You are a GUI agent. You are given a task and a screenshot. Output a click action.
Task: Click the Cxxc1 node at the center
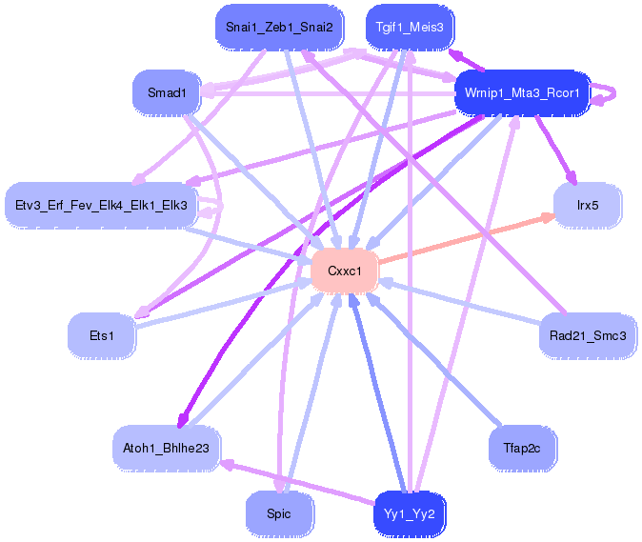point(345,271)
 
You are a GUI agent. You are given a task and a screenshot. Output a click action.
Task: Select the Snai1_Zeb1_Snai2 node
point(279,28)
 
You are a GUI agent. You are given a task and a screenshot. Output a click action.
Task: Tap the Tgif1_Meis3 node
point(410,28)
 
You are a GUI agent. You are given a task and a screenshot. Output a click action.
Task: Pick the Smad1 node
point(167,93)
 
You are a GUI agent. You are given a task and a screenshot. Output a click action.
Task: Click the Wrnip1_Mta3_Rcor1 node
point(522,93)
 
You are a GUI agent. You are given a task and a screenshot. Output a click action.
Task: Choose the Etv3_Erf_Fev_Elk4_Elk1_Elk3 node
point(101,205)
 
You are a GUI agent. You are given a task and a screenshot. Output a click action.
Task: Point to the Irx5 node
point(588,205)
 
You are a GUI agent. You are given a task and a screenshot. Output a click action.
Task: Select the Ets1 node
point(102,336)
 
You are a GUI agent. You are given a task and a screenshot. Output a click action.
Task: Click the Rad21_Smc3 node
point(588,336)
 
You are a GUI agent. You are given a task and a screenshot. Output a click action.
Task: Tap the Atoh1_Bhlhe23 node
point(167,449)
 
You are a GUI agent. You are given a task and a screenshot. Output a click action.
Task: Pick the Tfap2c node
point(522,449)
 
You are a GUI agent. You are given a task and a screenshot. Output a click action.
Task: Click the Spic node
point(279,513)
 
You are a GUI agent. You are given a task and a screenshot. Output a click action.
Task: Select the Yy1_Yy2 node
point(410,513)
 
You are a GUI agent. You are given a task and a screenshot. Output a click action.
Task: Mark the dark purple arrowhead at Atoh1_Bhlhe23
point(182,420)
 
